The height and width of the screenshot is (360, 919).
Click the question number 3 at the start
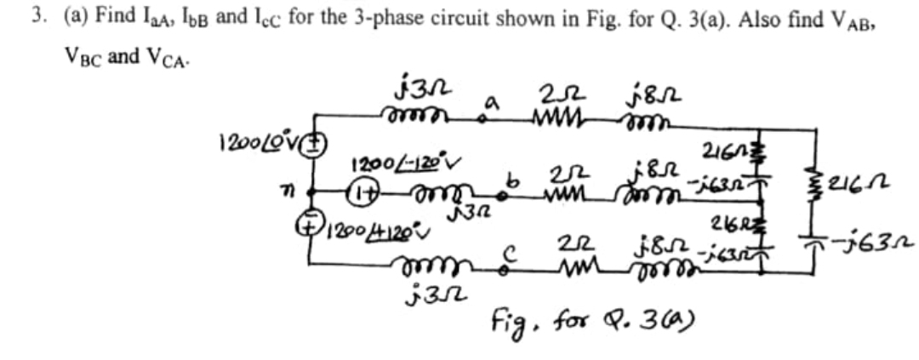37,19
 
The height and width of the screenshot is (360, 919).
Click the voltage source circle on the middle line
360,195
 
